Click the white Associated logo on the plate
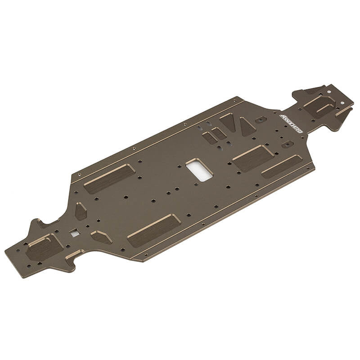tap(292, 123)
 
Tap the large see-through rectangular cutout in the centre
tap(198, 170)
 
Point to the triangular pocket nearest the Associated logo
tap(246, 126)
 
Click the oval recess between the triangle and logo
tap(261, 120)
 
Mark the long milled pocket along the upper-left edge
tap(109, 178)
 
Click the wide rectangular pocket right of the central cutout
tap(253, 158)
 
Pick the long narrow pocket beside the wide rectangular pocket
tap(282, 166)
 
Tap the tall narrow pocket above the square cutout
tap(81, 211)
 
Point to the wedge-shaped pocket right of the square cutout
tap(101, 237)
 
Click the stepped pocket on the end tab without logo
tap(44, 247)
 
